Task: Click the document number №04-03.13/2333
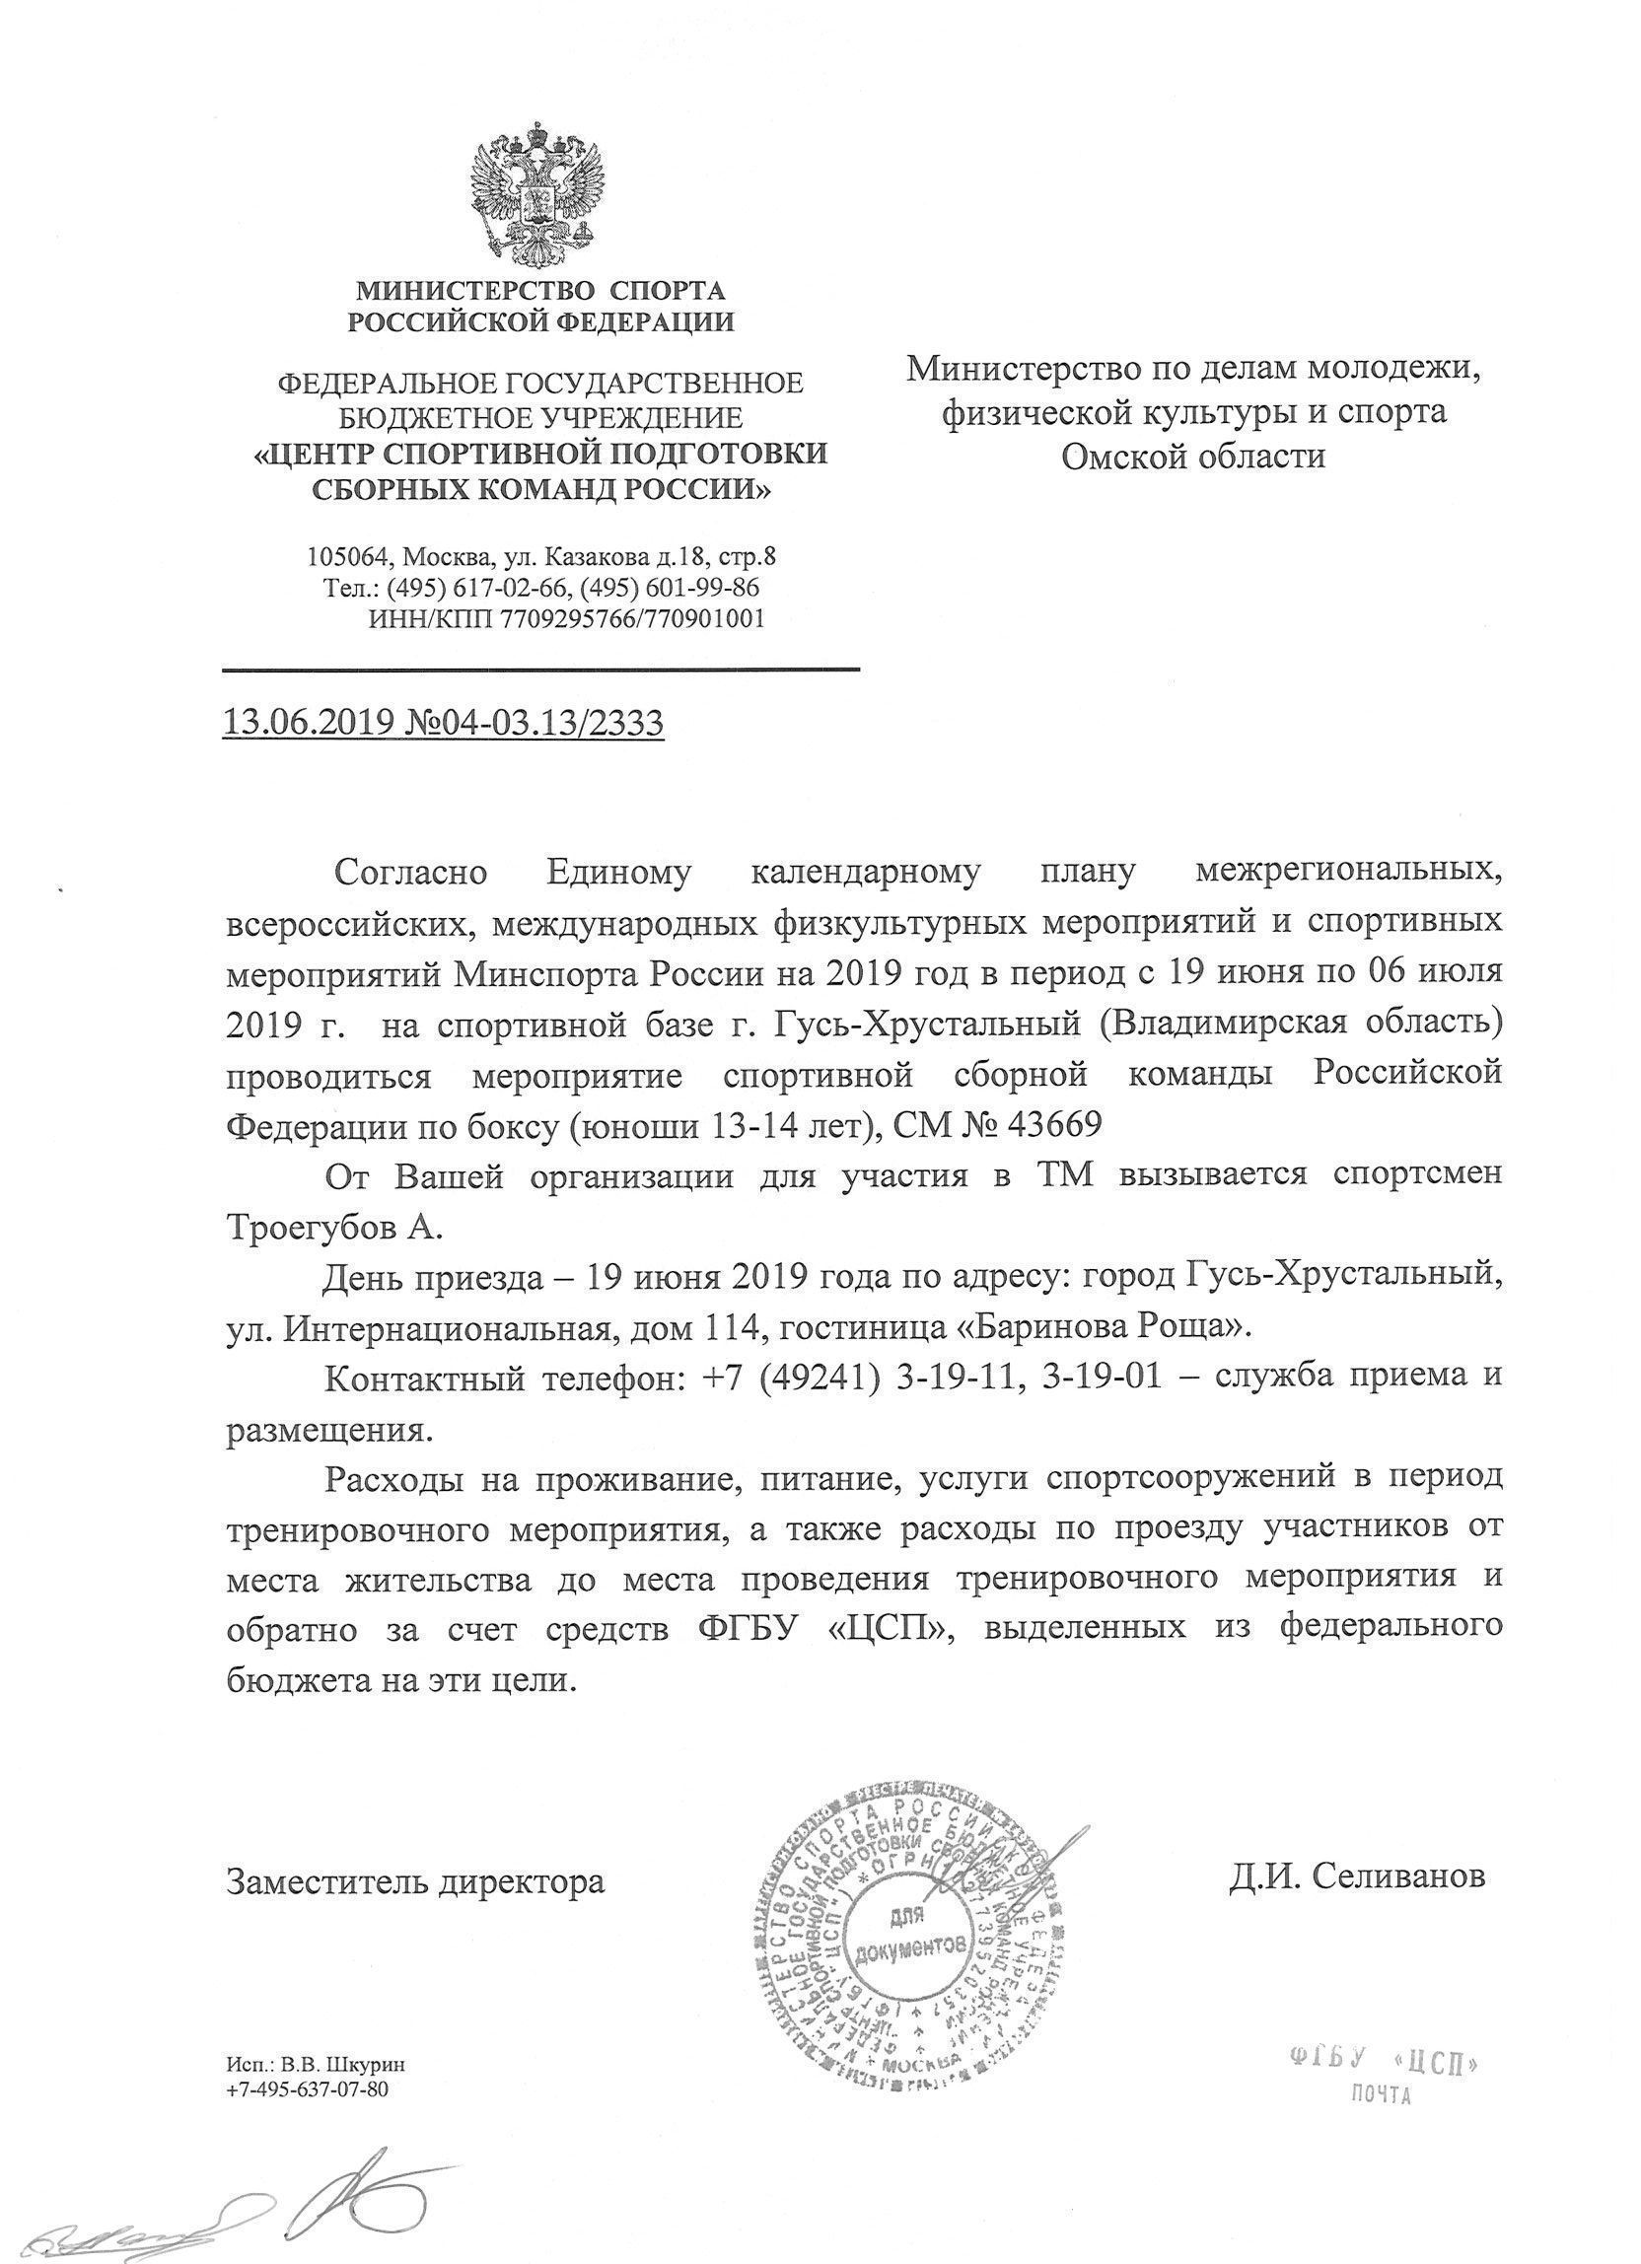coord(535,722)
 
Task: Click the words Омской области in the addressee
coord(1193,458)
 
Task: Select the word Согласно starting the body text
coord(410,873)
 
